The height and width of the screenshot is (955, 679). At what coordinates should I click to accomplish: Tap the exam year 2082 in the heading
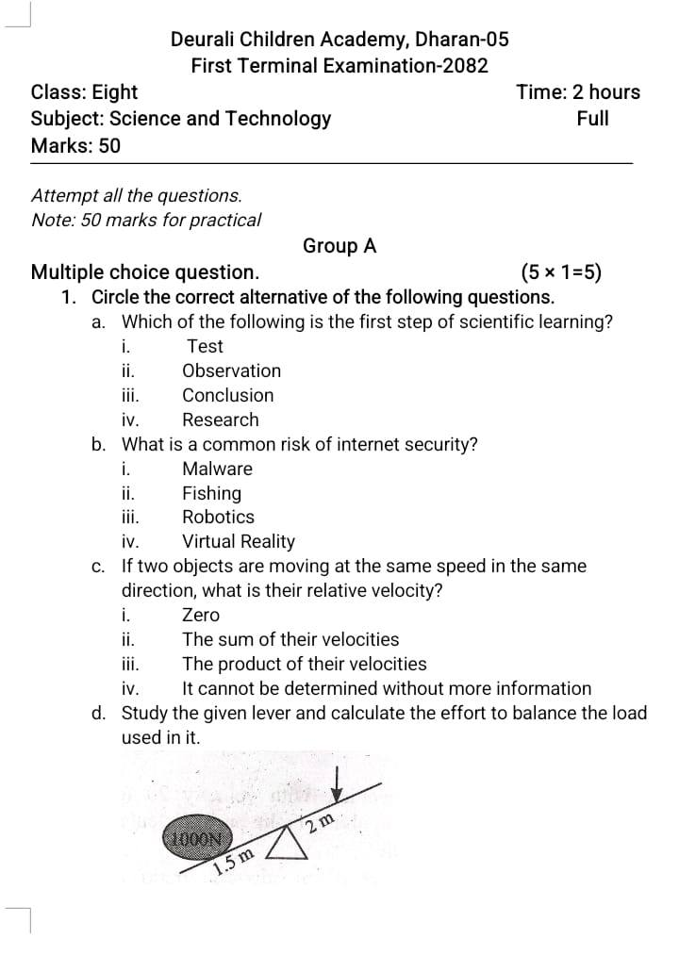point(468,66)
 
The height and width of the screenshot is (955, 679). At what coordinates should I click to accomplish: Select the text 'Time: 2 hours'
point(578,92)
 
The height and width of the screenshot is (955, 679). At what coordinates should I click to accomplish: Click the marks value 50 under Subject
point(109,146)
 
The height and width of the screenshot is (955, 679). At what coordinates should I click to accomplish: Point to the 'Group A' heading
point(339,246)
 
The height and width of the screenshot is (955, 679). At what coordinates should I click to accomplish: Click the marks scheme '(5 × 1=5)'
point(561,273)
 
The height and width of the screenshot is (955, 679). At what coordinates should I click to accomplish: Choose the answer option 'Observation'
point(231,370)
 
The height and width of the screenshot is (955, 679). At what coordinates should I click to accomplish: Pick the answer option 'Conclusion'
point(228,395)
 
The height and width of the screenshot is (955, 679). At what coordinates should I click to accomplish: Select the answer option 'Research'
point(220,420)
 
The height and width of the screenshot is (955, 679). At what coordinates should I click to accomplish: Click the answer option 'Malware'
point(217,469)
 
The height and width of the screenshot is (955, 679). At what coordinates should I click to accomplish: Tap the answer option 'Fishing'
point(211,493)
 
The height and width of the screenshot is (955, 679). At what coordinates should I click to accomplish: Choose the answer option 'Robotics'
point(218,517)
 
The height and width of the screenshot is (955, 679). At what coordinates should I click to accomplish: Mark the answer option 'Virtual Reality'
point(239,541)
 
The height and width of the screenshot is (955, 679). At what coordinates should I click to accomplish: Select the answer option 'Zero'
point(200,615)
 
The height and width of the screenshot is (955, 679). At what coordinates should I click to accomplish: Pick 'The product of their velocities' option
point(304,664)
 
